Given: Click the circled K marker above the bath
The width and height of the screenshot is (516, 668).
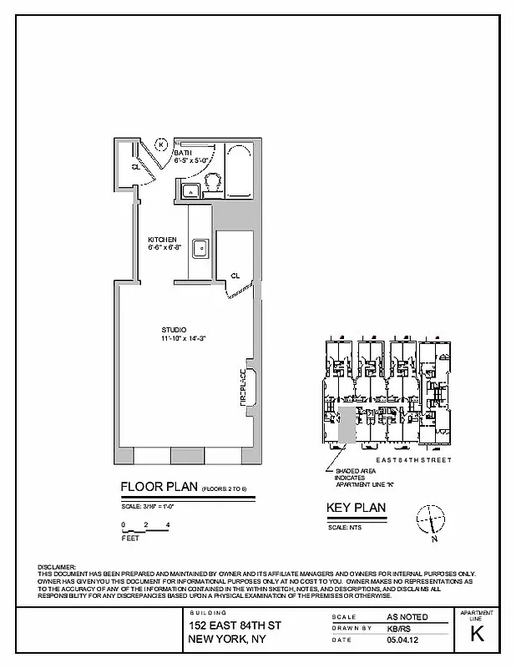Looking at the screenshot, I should coord(162,143).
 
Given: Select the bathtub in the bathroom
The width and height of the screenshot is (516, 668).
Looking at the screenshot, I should coord(239,174).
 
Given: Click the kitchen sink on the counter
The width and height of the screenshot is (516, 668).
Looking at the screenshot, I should coord(200,248).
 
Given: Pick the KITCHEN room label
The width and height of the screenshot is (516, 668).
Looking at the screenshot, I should coord(162,239).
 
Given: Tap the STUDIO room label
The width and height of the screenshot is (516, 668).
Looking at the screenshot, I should coord(174,329).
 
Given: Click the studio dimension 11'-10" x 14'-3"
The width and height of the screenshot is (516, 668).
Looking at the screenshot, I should coord(184,338).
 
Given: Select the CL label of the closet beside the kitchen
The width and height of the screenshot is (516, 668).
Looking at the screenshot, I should coord(235,275).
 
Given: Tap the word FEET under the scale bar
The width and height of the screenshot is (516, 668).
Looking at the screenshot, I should coord(129,539).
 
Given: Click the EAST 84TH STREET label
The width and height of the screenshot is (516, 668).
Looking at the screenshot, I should coord(415,460).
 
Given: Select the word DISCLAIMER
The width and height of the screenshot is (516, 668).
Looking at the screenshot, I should coord(57,567).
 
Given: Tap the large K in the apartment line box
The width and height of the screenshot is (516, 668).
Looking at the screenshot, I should coord(477,634).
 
